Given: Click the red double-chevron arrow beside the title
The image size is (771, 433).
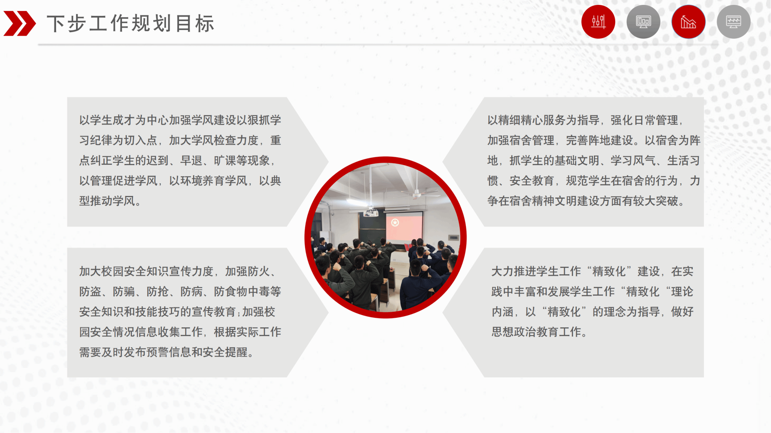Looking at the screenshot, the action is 20,23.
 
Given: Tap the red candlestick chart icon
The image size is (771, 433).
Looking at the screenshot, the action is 598,22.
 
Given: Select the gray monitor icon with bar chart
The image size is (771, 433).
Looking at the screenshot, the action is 643,22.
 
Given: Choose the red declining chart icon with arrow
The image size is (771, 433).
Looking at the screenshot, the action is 689,22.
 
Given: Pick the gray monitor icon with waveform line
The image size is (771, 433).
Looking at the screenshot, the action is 734,22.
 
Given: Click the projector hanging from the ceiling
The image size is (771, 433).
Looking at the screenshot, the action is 371,213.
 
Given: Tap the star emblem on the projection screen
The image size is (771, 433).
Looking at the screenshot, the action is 395,223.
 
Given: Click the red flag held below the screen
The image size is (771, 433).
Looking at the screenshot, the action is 408,247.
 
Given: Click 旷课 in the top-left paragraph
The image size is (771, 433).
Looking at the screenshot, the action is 225,161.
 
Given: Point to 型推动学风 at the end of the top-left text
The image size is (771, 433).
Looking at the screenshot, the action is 107,201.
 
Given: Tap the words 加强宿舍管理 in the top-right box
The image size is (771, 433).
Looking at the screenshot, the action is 521,140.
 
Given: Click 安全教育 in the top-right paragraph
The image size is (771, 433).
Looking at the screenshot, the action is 532,181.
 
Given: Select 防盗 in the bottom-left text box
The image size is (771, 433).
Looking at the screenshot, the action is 90,292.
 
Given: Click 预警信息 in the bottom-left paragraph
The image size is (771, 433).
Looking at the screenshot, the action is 169,352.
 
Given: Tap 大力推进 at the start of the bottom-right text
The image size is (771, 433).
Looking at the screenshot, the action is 514,271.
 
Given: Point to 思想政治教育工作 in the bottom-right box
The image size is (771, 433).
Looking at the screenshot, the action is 536,332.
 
